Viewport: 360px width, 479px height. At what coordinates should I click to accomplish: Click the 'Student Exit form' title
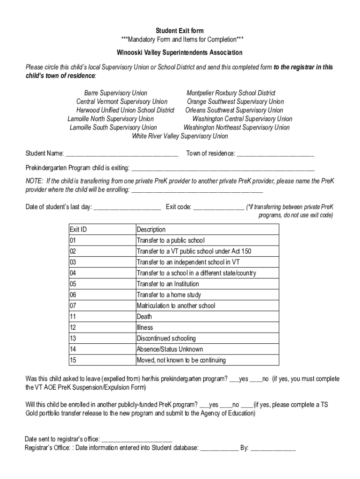coord(180,31)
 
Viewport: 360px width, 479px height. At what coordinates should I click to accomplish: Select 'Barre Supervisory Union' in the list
coord(115,93)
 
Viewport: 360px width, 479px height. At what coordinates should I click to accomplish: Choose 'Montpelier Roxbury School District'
coord(231,93)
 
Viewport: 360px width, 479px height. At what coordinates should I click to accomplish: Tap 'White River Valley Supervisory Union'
coord(180,136)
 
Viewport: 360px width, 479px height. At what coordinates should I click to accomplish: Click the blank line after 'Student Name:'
coord(122,154)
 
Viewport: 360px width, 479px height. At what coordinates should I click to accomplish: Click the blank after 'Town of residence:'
coord(276,154)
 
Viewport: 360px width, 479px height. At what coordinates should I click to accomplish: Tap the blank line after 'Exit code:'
coord(218,208)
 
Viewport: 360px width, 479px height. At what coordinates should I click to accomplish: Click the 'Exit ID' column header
coord(78,230)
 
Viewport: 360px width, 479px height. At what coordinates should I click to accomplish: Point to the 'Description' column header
coord(151,230)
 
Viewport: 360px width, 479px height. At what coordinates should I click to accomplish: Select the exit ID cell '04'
coord(73,273)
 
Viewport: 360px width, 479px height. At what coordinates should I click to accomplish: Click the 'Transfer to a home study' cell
coord(168,295)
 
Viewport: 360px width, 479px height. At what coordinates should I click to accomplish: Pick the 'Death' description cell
coord(144,317)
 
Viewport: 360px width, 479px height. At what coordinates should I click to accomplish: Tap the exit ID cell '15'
coord(73,360)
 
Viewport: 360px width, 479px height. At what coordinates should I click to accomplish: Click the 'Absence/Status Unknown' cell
coord(169,349)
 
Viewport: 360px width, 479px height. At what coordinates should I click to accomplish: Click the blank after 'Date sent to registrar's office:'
coord(137,440)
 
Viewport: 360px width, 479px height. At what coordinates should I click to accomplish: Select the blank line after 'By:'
coord(273,449)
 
